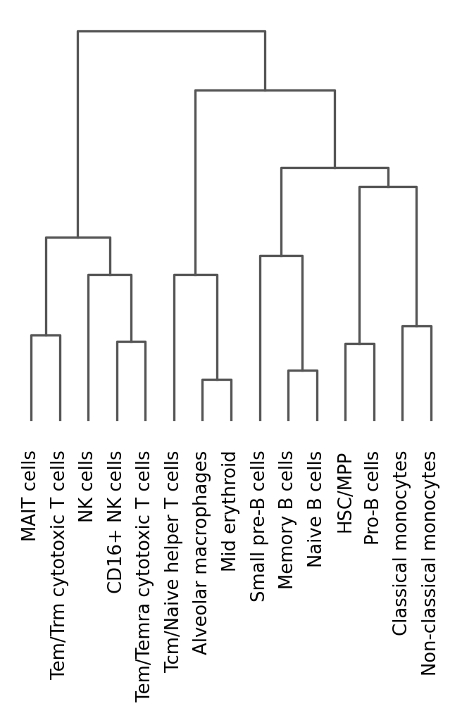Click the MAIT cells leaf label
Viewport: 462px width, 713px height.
[x=30, y=497]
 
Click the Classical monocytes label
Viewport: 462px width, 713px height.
[x=401, y=544]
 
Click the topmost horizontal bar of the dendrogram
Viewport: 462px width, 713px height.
[x=171, y=31]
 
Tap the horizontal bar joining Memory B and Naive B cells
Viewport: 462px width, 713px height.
[x=302, y=370]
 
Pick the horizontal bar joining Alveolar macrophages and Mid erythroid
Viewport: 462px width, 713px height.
[x=216, y=380]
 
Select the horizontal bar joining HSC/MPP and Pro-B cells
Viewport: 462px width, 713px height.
[x=359, y=343]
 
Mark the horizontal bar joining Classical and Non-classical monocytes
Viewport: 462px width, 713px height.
[x=416, y=326]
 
